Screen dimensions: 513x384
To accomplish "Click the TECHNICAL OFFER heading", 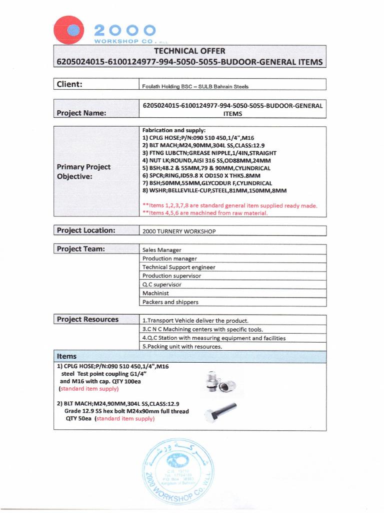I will (189, 51).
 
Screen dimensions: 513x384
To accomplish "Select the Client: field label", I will (69, 84).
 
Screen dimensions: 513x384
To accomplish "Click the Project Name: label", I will (81, 113).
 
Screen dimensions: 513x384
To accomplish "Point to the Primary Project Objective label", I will (84, 171).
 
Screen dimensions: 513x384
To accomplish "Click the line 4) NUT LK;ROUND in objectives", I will (206, 160).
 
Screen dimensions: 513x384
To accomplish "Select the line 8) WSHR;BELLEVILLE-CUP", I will (214, 190).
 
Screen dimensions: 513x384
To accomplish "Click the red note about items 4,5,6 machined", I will (205, 212).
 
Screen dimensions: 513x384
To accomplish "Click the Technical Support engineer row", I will (178, 267).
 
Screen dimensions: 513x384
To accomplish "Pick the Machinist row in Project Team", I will (155, 293).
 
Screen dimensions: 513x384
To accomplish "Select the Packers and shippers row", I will (170, 302).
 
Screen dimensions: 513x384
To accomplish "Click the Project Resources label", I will (87, 319).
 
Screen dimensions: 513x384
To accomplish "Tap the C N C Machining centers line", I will (202, 329).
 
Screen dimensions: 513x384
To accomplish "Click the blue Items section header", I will (190, 356).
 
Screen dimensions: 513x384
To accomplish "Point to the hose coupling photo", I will (219, 382).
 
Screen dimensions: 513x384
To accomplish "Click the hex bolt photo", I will (220, 412).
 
